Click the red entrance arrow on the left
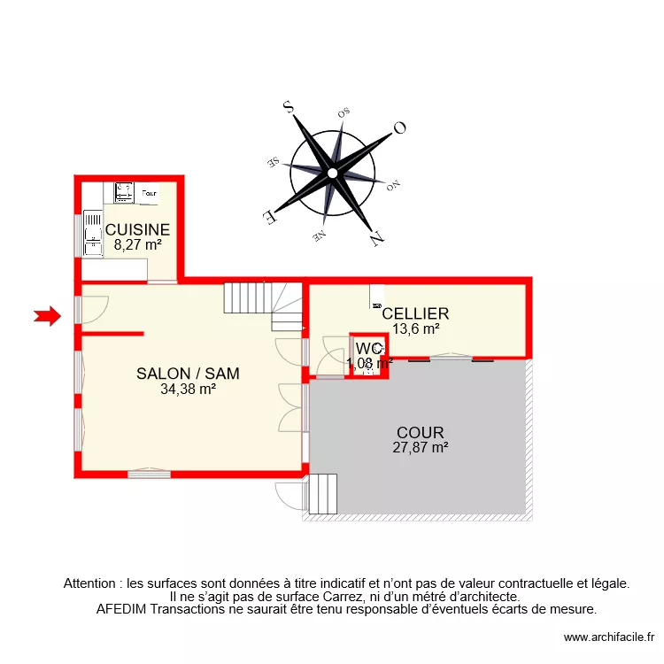pyautogui.click(x=47, y=314)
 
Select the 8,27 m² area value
pyautogui.click(x=137, y=245)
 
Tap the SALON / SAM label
pyautogui.click(x=188, y=374)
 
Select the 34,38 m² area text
pyautogui.click(x=188, y=388)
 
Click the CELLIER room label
pyautogui.click(x=415, y=313)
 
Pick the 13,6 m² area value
pyautogui.click(x=415, y=328)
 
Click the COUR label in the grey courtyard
pyautogui.click(x=420, y=433)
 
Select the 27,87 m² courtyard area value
pyautogui.click(x=420, y=448)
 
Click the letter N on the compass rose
pyautogui.click(x=376, y=236)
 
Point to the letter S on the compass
pyautogui.click(x=288, y=107)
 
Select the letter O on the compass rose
pyautogui.click(x=399, y=127)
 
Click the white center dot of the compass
pyautogui.click(x=332, y=172)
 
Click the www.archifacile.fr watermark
pyautogui.click(x=608, y=637)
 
